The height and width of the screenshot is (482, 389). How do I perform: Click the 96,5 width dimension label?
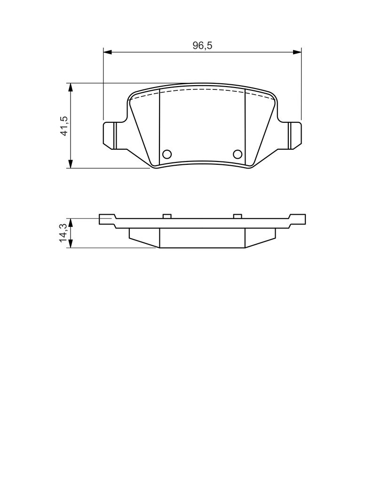[202, 46]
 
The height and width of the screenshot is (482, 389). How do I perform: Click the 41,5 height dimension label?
[64, 126]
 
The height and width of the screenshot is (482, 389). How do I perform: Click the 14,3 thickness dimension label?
[64, 233]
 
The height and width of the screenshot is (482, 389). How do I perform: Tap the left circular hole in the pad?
[167, 154]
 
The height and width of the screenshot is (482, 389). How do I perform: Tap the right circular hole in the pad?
[238, 154]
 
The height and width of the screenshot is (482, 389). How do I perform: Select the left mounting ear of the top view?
[111, 135]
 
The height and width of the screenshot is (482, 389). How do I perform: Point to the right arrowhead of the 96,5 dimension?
[297, 52]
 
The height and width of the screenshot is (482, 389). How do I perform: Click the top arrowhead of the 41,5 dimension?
[71, 87]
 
